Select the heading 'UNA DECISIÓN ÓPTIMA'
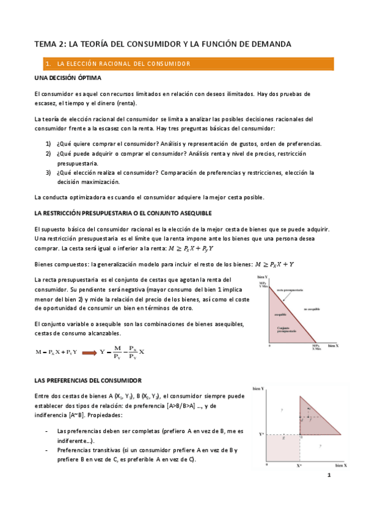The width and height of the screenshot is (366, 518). coord(67,78)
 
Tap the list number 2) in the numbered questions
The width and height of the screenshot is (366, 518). coord(48,153)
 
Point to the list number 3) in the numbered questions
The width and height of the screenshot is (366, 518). coord(48,172)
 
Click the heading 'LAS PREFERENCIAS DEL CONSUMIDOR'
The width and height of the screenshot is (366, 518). coord(88,379)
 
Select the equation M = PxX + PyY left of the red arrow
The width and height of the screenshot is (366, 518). coord(56,351)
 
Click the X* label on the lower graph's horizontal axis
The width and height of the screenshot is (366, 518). coord(299,465)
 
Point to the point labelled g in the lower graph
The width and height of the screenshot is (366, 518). coord(284,437)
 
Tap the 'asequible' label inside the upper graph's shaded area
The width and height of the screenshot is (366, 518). coord(281,315)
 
